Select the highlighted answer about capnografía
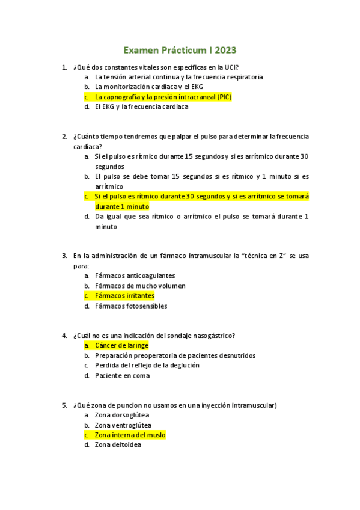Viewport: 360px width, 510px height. (x=163, y=97)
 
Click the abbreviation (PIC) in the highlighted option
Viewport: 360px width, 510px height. (x=224, y=97)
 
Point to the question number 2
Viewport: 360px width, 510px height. (x=64, y=137)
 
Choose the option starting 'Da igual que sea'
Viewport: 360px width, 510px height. (x=201, y=217)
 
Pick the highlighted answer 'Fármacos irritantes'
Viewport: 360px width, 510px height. (x=124, y=296)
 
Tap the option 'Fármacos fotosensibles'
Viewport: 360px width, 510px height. (x=130, y=306)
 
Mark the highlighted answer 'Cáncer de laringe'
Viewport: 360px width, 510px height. (x=121, y=345)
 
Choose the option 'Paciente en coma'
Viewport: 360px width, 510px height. (x=122, y=376)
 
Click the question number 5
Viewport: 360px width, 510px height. (x=64, y=405)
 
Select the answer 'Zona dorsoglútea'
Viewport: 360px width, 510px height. (x=122, y=415)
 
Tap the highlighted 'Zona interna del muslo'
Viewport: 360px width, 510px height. (x=130, y=435)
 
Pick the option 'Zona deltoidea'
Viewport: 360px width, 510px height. (x=118, y=445)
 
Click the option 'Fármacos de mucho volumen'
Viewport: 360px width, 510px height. (x=139, y=286)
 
